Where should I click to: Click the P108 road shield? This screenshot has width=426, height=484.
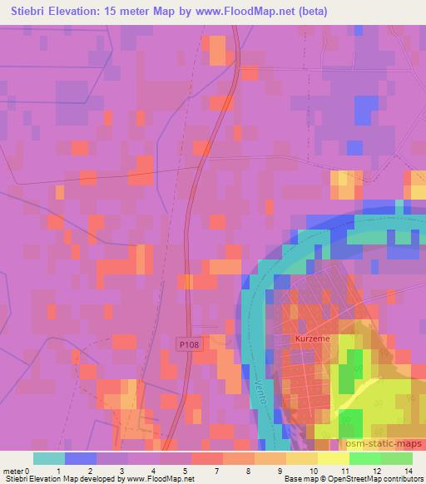pyautogui.click(x=189, y=343)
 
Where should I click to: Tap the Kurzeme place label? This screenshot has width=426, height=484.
pyautogui.click(x=312, y=339)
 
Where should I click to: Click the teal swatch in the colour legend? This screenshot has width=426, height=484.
pyautogui.click(x=49, y=458)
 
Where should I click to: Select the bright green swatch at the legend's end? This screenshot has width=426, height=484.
pyautogui.click(x=397, y=458)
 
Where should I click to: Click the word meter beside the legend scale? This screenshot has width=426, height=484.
pyautogui.click(x=12, y=470)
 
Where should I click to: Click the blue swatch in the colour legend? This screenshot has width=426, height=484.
pyautogui.click(x=81, y=458)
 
